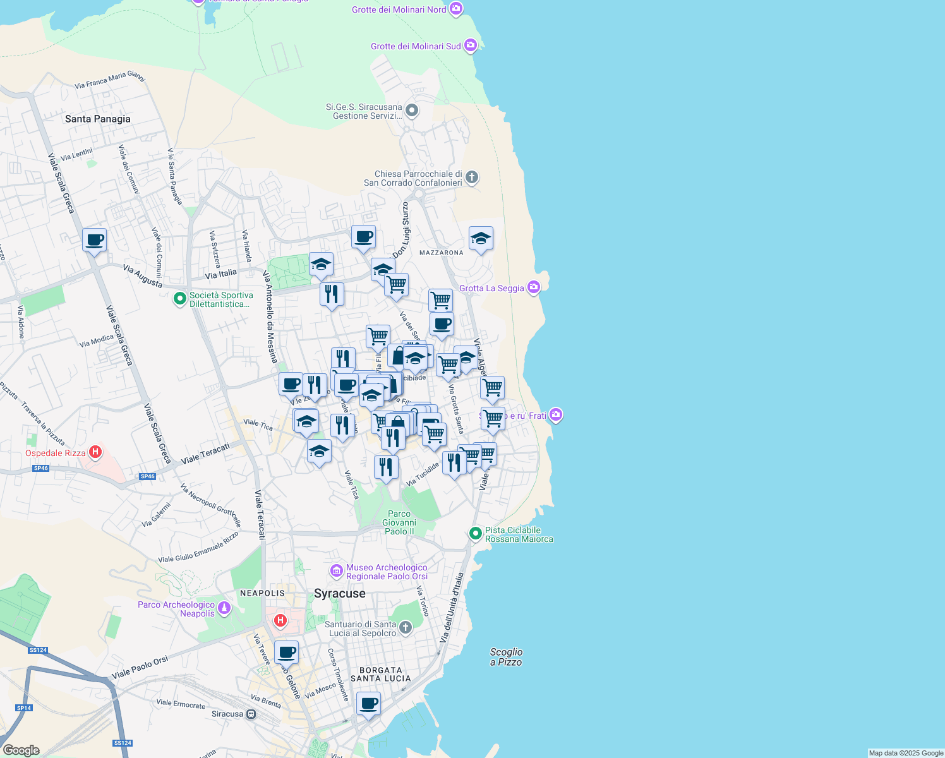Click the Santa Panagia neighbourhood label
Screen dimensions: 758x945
tap(98, 119)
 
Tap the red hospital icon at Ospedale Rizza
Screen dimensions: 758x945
tap(95, 452)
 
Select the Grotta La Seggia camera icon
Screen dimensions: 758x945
tap(534, 287)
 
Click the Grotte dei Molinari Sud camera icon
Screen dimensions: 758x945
tap(470, 45)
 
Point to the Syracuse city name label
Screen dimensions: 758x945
tap(340, 593)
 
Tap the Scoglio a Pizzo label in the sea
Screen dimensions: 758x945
tap(506, 657)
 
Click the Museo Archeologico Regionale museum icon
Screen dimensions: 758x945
tap(337, 571)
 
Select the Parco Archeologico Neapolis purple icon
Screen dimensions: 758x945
tap(224, 609)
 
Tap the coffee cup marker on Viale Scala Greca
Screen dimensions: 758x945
tap(95, 240)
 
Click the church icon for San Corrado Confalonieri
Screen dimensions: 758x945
tap(472, 177)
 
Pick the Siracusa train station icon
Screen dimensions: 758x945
tap(251, 714)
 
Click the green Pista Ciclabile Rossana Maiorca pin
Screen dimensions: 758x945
tap(476, 534)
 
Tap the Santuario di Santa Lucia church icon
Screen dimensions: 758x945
tap(406, 628)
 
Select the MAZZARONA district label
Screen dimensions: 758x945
tap(442, 253)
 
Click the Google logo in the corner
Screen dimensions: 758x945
tap(21, 750)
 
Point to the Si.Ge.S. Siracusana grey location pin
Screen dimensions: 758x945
tap(412, 111)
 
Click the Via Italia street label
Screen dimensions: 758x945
tap(221, 274)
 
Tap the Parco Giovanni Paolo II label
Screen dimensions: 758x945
tap(399, 522)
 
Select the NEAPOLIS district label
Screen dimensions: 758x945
tap(262, 593)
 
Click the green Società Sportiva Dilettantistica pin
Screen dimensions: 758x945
tap(180, 298)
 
